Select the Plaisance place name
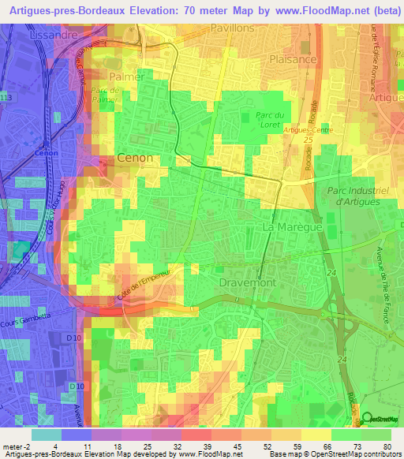point(293,59)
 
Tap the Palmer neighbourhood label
point(126,77)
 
